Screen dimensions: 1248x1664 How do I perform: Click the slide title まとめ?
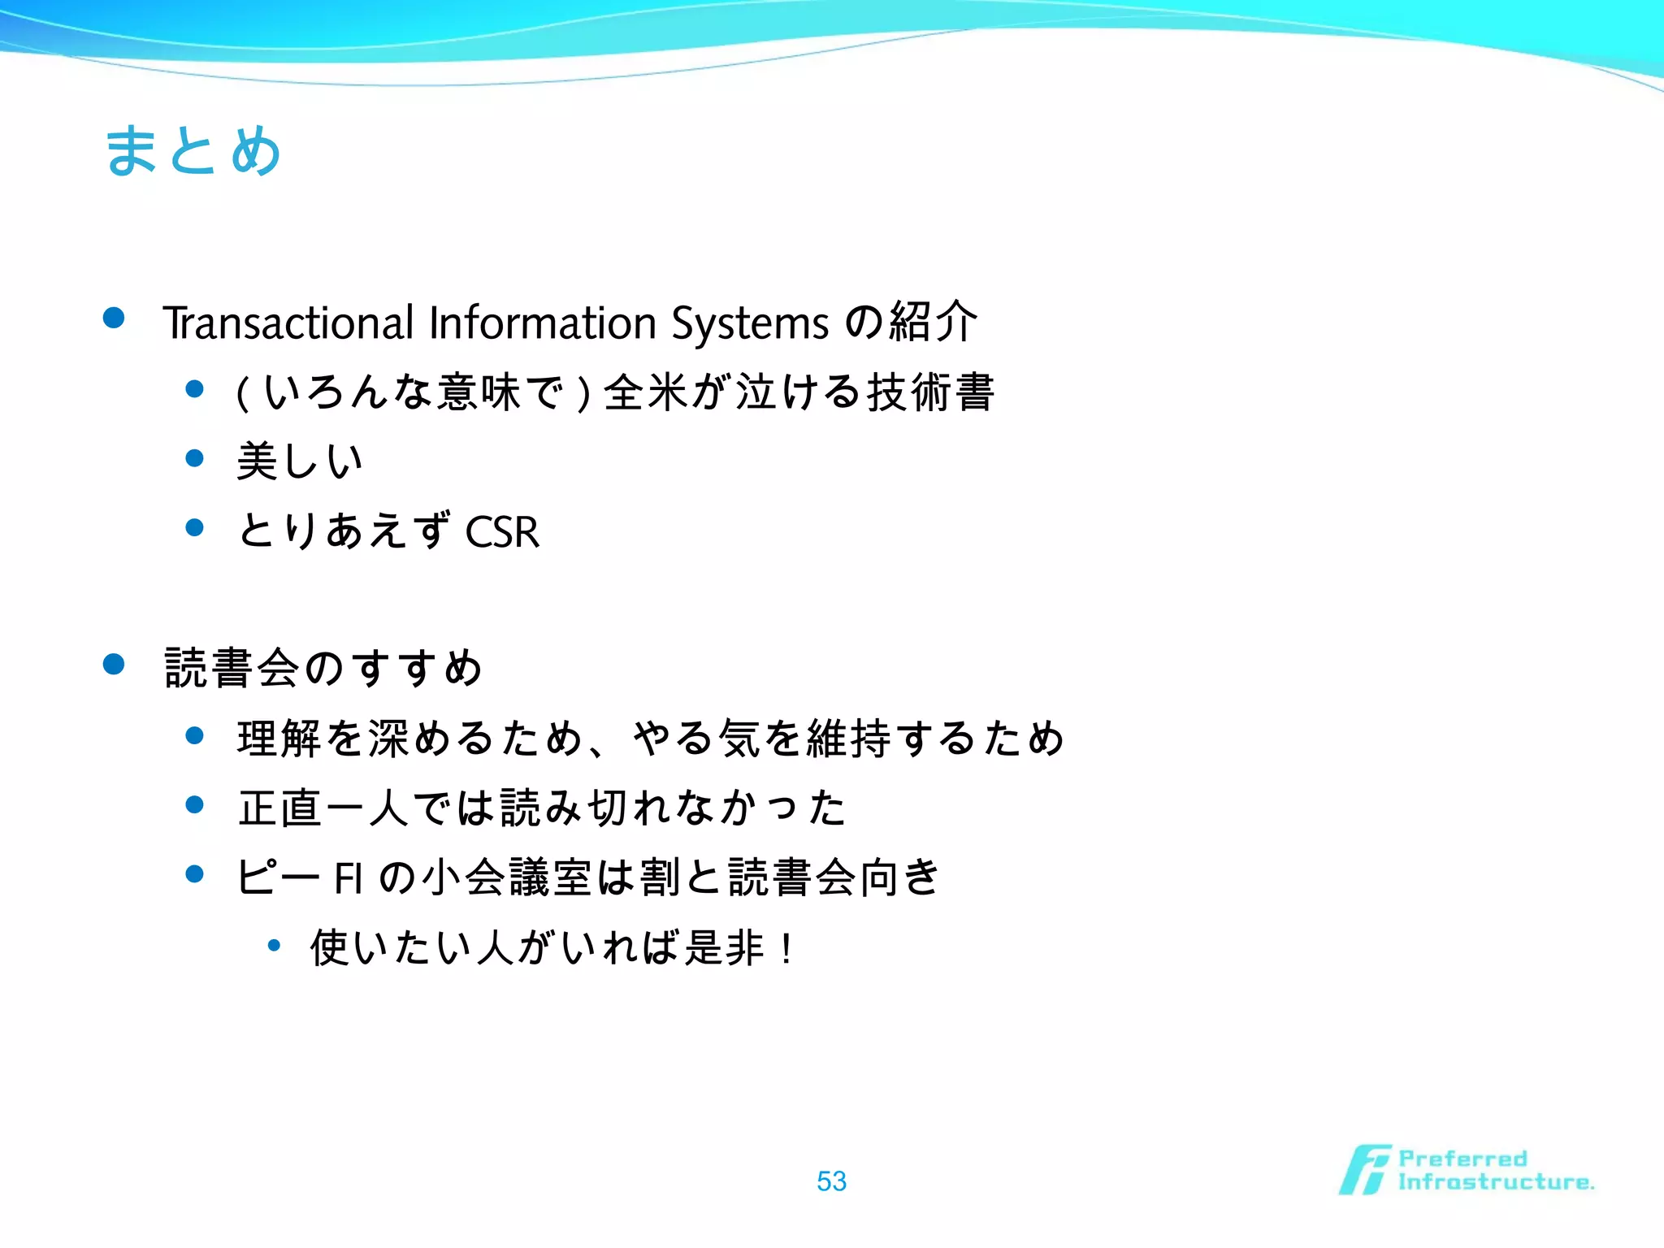pos(193,151)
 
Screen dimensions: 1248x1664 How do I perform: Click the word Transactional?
pos(288,323)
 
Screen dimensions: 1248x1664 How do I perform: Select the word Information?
pos(542,323)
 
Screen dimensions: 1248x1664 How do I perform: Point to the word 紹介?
pos(933,322)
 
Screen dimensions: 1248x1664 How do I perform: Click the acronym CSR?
pos(502,533)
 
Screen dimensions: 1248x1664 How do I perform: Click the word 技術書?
pos(931,392)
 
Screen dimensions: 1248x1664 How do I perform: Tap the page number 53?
pos(831,1181)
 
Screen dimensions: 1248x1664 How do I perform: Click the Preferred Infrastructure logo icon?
pos(1364,1170)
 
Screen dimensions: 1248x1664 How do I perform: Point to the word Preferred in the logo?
pos(1462,1158)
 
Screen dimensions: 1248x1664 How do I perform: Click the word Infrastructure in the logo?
pos(1495,1182)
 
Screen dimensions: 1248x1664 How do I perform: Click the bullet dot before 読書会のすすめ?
pos(114,665)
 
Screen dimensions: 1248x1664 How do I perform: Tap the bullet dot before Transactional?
pos(114,318)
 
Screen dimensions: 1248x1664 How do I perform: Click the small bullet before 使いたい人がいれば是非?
pos(274,945)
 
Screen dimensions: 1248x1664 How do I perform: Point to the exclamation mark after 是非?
pos(786,948)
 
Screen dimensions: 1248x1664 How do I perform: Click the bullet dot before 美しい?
pos(194,458)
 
